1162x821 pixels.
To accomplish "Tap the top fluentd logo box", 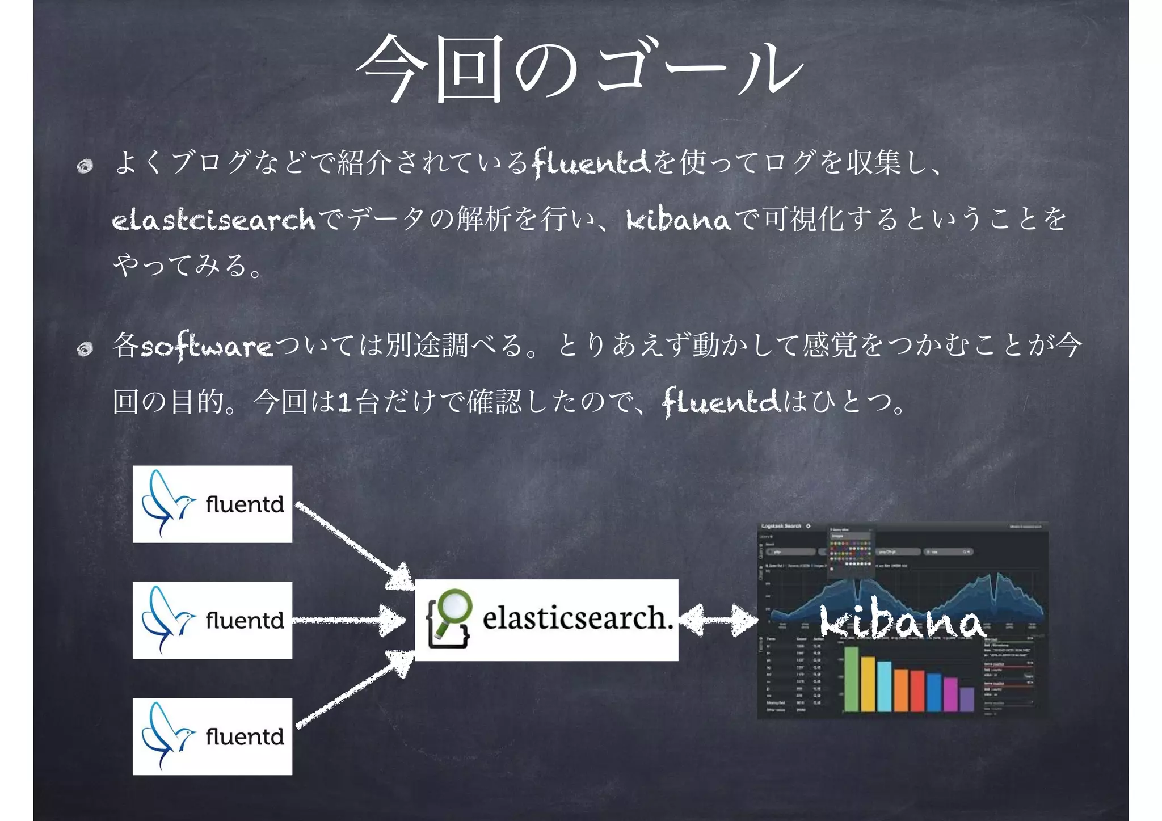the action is coord(212,504).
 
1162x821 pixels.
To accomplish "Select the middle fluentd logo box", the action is coord(212,620).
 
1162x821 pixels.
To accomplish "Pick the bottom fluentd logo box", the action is coord(212,736).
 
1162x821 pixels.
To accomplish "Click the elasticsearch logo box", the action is coord(546,620).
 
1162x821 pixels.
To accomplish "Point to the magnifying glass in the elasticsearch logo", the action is coord(453,609).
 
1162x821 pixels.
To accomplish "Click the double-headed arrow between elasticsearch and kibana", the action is coord(718,620).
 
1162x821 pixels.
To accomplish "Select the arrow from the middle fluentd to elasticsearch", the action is coord(349,620).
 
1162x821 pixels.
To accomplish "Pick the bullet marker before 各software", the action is coord(85,348).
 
